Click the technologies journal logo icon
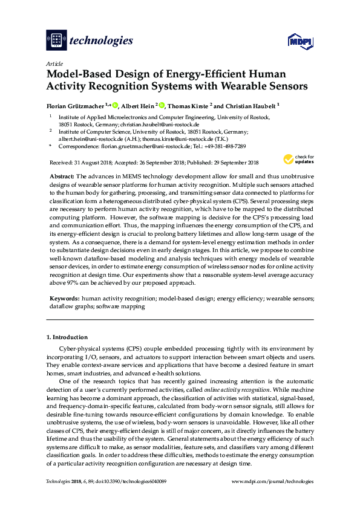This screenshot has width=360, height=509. coord(56,41)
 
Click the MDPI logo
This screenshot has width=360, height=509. coord(299,41)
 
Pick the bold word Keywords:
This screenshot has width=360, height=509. coord(64,299)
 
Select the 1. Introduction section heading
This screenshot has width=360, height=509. coord(67,337)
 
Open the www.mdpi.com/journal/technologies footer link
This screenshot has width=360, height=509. coord(273,481)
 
